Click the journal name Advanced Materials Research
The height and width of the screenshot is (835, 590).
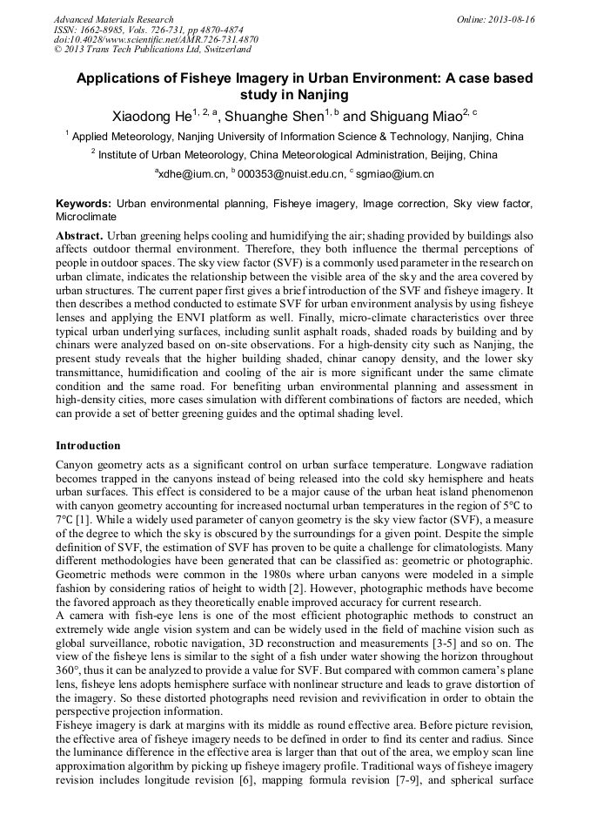(x=113, y=19)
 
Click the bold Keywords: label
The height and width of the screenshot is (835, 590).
(x=84, y=203)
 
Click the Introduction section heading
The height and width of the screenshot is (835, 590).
(x=88, y=446)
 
